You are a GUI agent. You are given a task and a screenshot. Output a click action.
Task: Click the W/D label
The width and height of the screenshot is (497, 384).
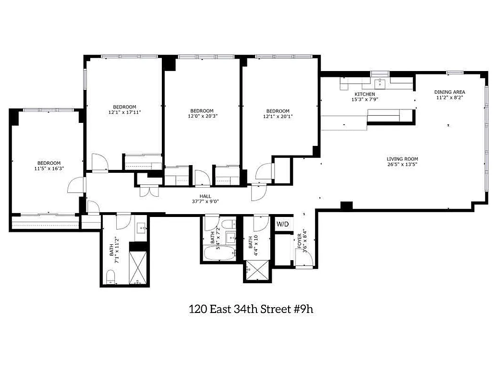[282, 224]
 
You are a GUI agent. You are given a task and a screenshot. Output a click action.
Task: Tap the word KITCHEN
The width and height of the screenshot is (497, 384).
[364, 94]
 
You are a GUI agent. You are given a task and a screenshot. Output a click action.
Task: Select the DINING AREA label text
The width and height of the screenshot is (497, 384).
[449, 92]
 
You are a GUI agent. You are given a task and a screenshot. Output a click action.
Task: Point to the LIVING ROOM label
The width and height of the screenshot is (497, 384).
[402, 159]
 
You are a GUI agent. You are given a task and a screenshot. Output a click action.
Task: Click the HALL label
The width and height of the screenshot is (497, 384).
[206, 195]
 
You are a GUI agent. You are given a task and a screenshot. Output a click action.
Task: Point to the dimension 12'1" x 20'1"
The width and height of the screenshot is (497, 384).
[278, 116]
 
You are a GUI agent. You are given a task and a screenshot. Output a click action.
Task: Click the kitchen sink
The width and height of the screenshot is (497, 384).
[380, 83]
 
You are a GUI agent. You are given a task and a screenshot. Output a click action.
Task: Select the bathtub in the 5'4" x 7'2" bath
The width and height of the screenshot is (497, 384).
[219, 253]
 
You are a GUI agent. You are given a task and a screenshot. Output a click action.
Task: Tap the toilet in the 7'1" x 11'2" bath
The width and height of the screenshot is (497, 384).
[110, 277]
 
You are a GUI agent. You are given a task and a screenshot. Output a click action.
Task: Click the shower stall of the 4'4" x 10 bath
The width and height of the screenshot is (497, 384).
[258, 271]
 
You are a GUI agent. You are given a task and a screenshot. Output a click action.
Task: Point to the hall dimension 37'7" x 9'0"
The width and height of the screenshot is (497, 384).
[206, 202]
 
